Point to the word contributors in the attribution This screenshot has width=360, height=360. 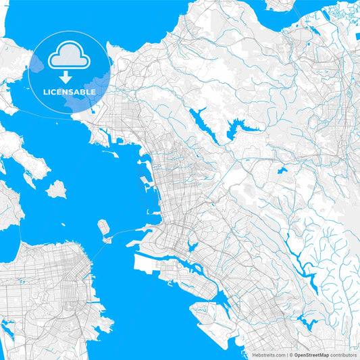(x=344, y=355)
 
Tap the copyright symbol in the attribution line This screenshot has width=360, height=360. (x=290, y=355)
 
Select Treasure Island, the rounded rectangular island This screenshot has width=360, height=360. (x=103, y=226)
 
